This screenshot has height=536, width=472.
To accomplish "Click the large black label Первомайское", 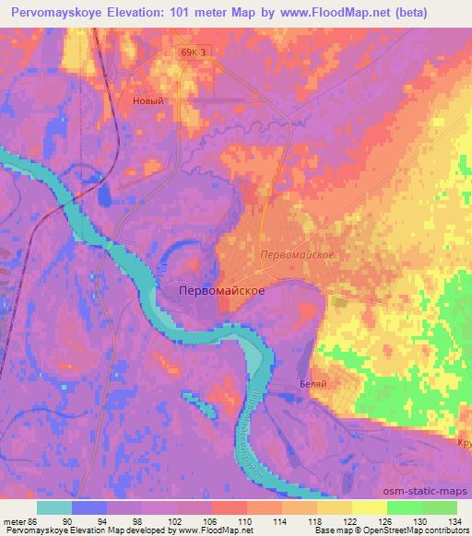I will click(220, 291).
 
